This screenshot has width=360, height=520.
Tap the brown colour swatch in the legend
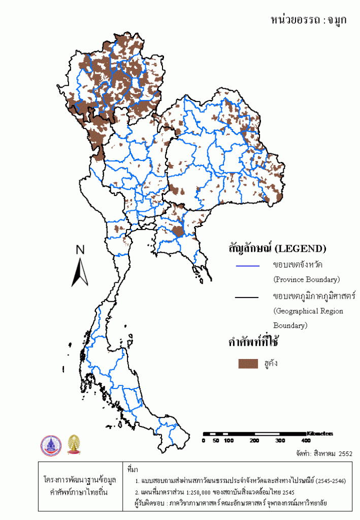click(249, 364)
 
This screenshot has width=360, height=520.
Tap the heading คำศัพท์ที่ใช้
click(255, 342)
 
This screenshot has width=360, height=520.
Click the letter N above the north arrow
click(80, 249)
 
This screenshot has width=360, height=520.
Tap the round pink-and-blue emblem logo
click(51, 445)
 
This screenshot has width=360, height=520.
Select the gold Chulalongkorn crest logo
click(74, 445)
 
